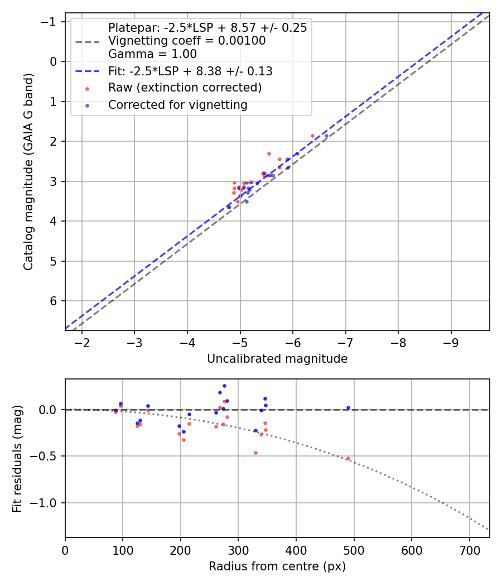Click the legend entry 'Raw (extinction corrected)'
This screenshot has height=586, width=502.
pyautogui.click(x=185, y=88)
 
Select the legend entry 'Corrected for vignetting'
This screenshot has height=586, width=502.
pyautogui.click(x=177, y=104)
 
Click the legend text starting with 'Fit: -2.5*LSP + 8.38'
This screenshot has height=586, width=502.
pyautogui.click(x=190, y=71)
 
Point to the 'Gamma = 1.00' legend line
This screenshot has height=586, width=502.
pyautogui.click(x=152, y=54)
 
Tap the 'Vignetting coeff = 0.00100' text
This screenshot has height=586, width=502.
pyautogui.click(x=187, y=41)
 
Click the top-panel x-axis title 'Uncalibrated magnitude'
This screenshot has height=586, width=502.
pyautogui.click(x=277, y=359)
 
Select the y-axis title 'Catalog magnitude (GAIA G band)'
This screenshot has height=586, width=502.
pyautogui.click(x=29, y=171)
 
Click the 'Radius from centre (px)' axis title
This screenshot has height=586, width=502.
pyautogui.click(x=277, y=566)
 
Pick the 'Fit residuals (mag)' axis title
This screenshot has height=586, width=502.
pyautogui.click(x=18, y=459)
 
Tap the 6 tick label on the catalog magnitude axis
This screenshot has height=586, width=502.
pyautogui.click(x=54, y=301)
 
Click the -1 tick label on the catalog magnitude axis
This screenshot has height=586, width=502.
pyautogui.click(x=51, y=21)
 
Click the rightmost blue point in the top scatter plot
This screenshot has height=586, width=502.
pyautogui.click(x=327, y=136)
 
